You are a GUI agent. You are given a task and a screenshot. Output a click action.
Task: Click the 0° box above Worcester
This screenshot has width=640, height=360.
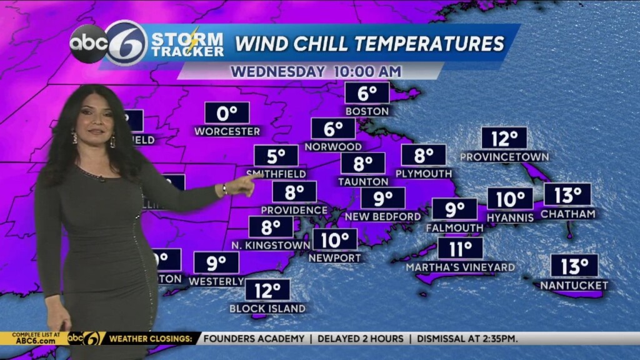tap(227, 113)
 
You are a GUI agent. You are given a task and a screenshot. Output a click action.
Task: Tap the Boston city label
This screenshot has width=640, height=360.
tap(367, 111)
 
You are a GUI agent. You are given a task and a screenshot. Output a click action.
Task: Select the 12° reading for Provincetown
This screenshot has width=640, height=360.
tap(504, 138)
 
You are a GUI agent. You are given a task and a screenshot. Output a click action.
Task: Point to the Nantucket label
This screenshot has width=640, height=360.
tap(574, 286)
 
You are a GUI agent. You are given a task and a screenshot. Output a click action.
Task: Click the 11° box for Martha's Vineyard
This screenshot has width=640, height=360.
tap(460, 249)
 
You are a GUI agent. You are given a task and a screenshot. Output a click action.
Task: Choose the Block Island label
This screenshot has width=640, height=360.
tap(267, 309)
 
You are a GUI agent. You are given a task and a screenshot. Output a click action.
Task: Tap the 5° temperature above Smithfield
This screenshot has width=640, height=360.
tap(276, 156)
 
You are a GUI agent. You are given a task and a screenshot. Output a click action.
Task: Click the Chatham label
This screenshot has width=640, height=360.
tap(567, 214)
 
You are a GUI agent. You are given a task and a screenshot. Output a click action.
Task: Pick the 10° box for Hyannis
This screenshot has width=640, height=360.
tap(510, 199)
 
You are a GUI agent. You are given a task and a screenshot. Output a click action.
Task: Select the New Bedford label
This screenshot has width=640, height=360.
tap(382, 217)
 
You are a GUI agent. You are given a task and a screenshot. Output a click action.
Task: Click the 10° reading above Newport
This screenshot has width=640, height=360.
tap(335, 239)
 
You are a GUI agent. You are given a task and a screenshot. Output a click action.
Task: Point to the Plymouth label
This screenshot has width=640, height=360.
tap(424, 174)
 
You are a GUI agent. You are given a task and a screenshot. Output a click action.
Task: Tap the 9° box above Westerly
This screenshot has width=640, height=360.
tap(216, 262)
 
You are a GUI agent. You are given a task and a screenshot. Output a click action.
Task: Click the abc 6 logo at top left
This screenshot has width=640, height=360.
tap(108, 43)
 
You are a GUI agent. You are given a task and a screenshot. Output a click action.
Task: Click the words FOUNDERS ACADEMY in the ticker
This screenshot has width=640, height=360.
tap(254, 339)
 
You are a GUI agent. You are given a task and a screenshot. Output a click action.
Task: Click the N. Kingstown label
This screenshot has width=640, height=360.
tap(271, 246)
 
